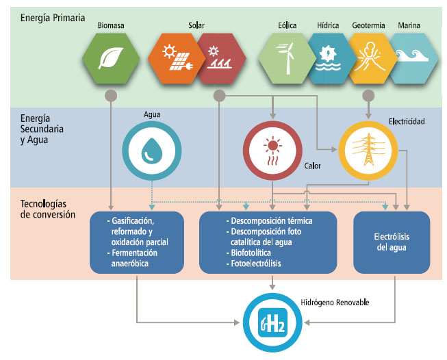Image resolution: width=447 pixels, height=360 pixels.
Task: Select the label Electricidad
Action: point(407,121)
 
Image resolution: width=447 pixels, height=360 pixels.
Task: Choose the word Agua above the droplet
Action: point(151,114)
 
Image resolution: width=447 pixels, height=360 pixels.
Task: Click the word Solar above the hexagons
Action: point(196,25)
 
